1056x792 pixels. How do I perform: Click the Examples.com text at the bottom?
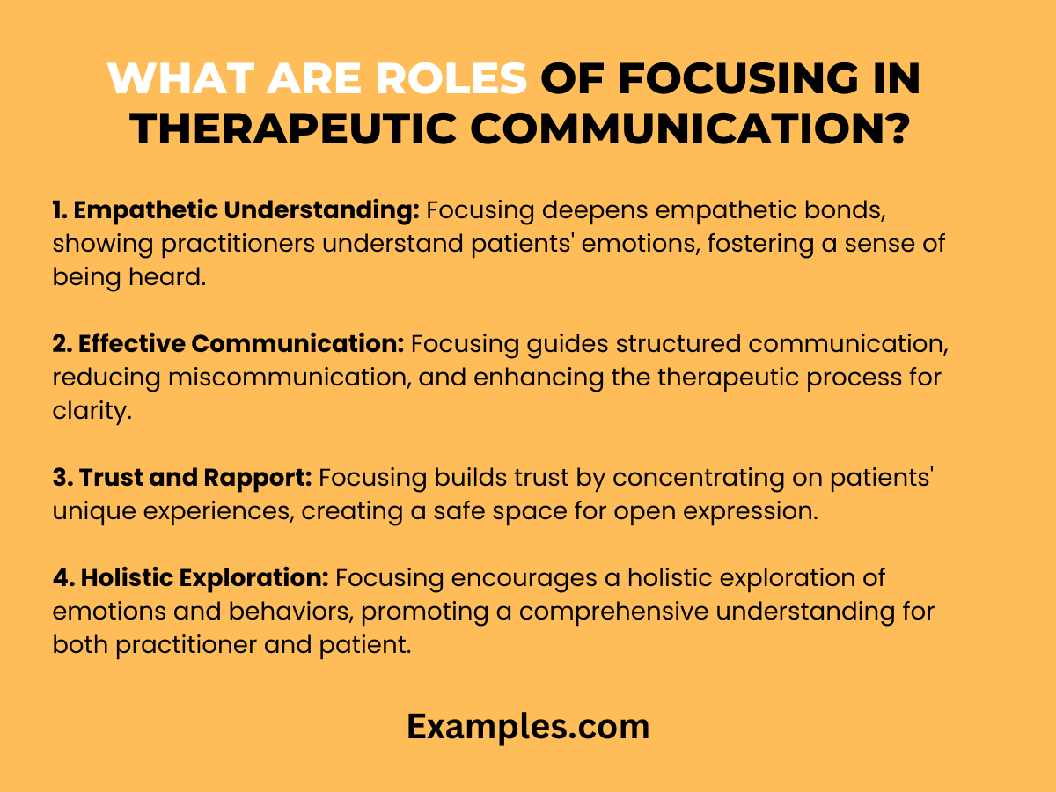[x=528, y=727]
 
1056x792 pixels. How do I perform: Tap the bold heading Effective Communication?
[x=229, y=344]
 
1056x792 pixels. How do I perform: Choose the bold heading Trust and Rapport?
[x=183, y=478]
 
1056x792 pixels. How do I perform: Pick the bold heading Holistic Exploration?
[x=191, y=578]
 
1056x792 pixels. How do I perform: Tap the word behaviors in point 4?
[x=307, y=612]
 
